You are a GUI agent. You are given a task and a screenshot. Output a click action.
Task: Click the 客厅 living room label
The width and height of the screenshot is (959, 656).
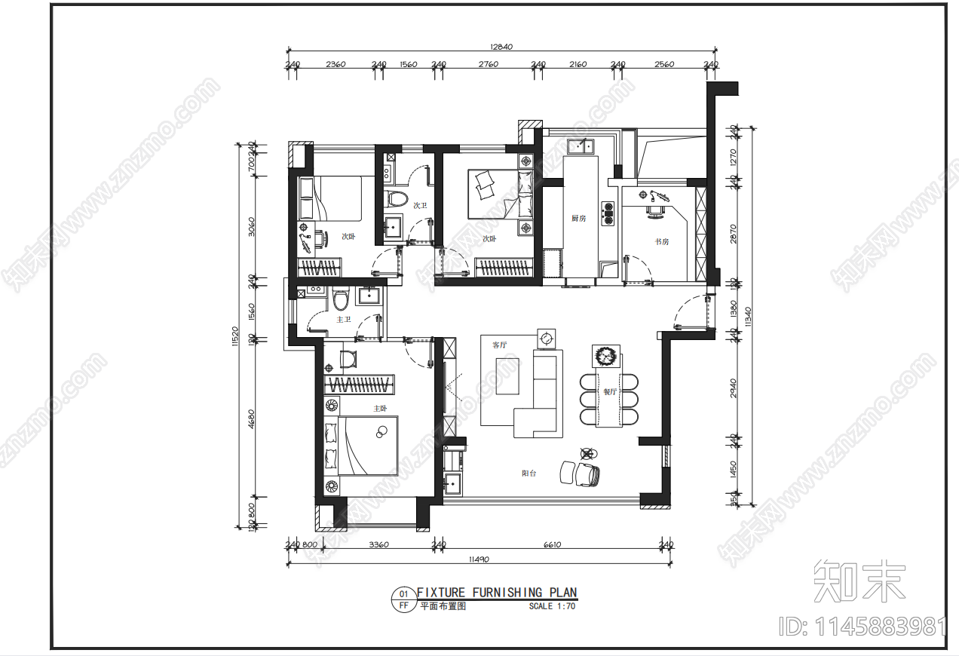click(500, 345)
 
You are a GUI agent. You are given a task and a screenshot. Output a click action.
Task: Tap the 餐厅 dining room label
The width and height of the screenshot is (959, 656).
click(609, 392)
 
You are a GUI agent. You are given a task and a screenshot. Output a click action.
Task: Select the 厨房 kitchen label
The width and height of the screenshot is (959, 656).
click(579, 219)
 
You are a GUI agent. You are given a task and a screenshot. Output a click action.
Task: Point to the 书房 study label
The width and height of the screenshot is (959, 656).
click(661, 241)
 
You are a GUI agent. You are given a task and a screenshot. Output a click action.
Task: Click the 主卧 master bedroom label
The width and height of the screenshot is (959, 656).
click(380, 408)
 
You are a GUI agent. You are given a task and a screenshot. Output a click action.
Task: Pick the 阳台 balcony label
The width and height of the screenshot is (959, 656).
click(529, 474)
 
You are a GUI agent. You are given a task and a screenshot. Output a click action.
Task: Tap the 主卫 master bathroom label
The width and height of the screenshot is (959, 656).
click(343, 320)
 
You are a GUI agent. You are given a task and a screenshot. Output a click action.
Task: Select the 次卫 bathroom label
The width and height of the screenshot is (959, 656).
click(420, 205)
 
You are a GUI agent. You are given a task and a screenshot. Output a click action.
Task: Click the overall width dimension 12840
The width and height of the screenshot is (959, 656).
click(501, 47)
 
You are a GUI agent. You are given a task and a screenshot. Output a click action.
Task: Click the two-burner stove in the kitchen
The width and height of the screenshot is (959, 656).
click(608, 213)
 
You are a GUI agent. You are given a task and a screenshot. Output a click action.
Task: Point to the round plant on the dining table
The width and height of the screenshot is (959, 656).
click(605, 355)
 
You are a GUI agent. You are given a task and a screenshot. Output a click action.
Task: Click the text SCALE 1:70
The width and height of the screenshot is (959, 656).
click(552, 606)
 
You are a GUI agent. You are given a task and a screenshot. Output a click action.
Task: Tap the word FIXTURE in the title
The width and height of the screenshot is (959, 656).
click(441, 593)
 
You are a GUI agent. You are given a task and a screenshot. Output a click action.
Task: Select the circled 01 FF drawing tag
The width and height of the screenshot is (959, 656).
click(403, 599)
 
